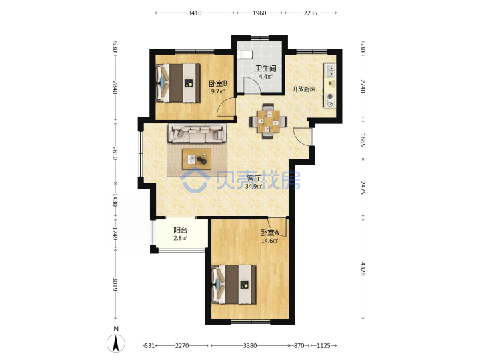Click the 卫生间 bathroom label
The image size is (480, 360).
click(266, 68)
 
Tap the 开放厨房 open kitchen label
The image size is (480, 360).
click(304, 89)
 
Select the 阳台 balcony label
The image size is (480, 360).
click(180, 230)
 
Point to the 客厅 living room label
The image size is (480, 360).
click(253, 178)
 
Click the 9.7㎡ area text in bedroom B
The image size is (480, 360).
click(217, 91)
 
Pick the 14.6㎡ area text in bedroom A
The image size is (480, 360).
click(269, 241)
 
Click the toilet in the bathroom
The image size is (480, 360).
click(245, 55)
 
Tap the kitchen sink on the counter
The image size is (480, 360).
click(330, 70)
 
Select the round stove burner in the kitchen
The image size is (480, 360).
click(330, 97)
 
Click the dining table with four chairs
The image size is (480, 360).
click(268, 121)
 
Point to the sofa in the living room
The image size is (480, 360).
click(197, 133)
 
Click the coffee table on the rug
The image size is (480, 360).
click(197, 159)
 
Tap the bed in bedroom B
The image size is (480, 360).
click(178, 83)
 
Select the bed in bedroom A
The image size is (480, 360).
click(234, 285)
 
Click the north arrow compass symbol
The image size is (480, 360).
click(116, 343)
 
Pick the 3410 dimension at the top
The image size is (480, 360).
click(195, 13)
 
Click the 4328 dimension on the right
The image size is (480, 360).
click(363, 269)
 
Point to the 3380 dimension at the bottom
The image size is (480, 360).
click(250, 345)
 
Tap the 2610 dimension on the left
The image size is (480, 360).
click(115, 153)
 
